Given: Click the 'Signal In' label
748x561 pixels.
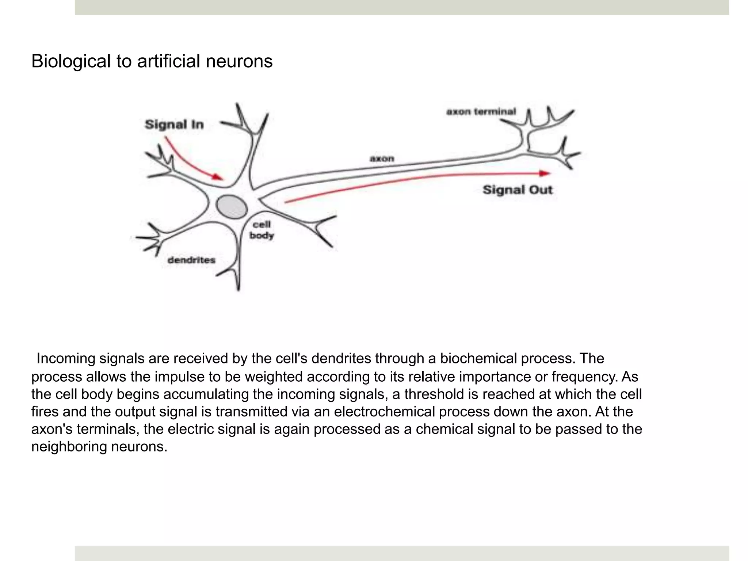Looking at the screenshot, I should pos(174,125).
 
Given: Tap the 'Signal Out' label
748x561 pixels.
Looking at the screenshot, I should pos(518,190).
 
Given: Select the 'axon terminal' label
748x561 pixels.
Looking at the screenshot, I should pos(481,111).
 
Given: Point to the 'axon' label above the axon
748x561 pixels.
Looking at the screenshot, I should pos(382,159).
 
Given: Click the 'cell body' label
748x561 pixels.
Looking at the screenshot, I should pos(262,230).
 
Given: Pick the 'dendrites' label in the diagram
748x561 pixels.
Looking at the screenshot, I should pos(191,260).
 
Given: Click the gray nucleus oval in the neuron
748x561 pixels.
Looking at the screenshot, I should pos(232,207).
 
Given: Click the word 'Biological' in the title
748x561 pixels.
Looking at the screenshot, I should pos(71,61).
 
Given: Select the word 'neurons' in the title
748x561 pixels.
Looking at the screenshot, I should pos(239,61).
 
